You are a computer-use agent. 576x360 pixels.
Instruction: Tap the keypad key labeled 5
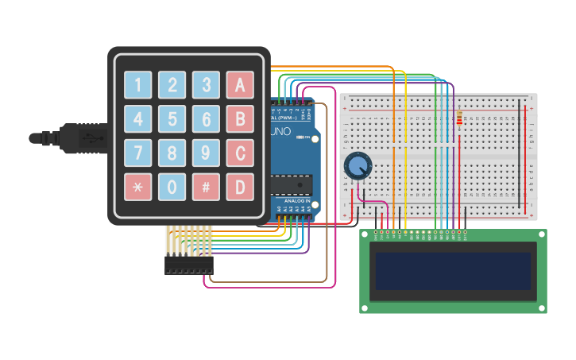coord(172,118)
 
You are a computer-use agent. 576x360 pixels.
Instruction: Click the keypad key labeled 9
coord(206,153)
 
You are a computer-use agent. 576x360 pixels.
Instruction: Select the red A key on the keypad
coord(240,84)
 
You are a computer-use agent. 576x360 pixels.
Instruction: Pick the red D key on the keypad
coord(240,187)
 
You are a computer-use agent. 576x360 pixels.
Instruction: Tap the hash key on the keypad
coord(206,187)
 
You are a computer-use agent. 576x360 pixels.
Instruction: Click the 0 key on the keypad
coord(172,187)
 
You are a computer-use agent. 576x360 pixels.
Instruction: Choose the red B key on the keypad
coord(240,118)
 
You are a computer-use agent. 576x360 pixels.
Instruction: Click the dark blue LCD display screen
coord(453,271)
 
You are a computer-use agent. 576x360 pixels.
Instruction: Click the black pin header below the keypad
coord(188,265)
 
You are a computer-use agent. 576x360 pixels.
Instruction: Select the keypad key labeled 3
coord(206,84)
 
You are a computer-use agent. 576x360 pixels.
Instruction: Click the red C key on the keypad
coord(240,153)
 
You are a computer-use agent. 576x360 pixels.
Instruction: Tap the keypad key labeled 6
coord(206,118)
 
